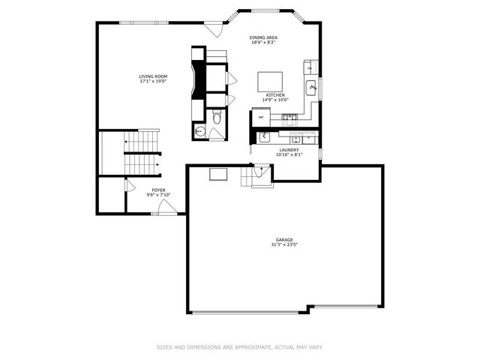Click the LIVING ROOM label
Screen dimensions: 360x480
(x=152, y=76)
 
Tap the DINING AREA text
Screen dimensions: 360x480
(x=263, y=37)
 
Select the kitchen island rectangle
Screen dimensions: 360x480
(x=271, y=81)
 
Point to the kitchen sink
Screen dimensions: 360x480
(x=312, y=88)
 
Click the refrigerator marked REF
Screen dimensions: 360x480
(x=261, y=117)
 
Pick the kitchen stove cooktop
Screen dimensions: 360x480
(x=289, y=117)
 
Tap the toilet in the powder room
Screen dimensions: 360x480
(x=217, y=117)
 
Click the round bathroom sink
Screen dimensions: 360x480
(x=199, y=131)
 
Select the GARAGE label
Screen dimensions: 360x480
(x=283, y=240)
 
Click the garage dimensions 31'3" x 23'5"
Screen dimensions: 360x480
(x=283, y=245)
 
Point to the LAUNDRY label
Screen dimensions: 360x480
(x=289, y=150)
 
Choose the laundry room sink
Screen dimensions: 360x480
(x=264, y=137)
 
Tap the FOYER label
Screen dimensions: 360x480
(x=159, y=190)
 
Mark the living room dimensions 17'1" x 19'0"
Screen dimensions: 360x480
(x=152, y=82)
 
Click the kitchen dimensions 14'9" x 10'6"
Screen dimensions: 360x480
(x=273, y=100)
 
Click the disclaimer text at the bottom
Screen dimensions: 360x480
(x=240, y=346)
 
